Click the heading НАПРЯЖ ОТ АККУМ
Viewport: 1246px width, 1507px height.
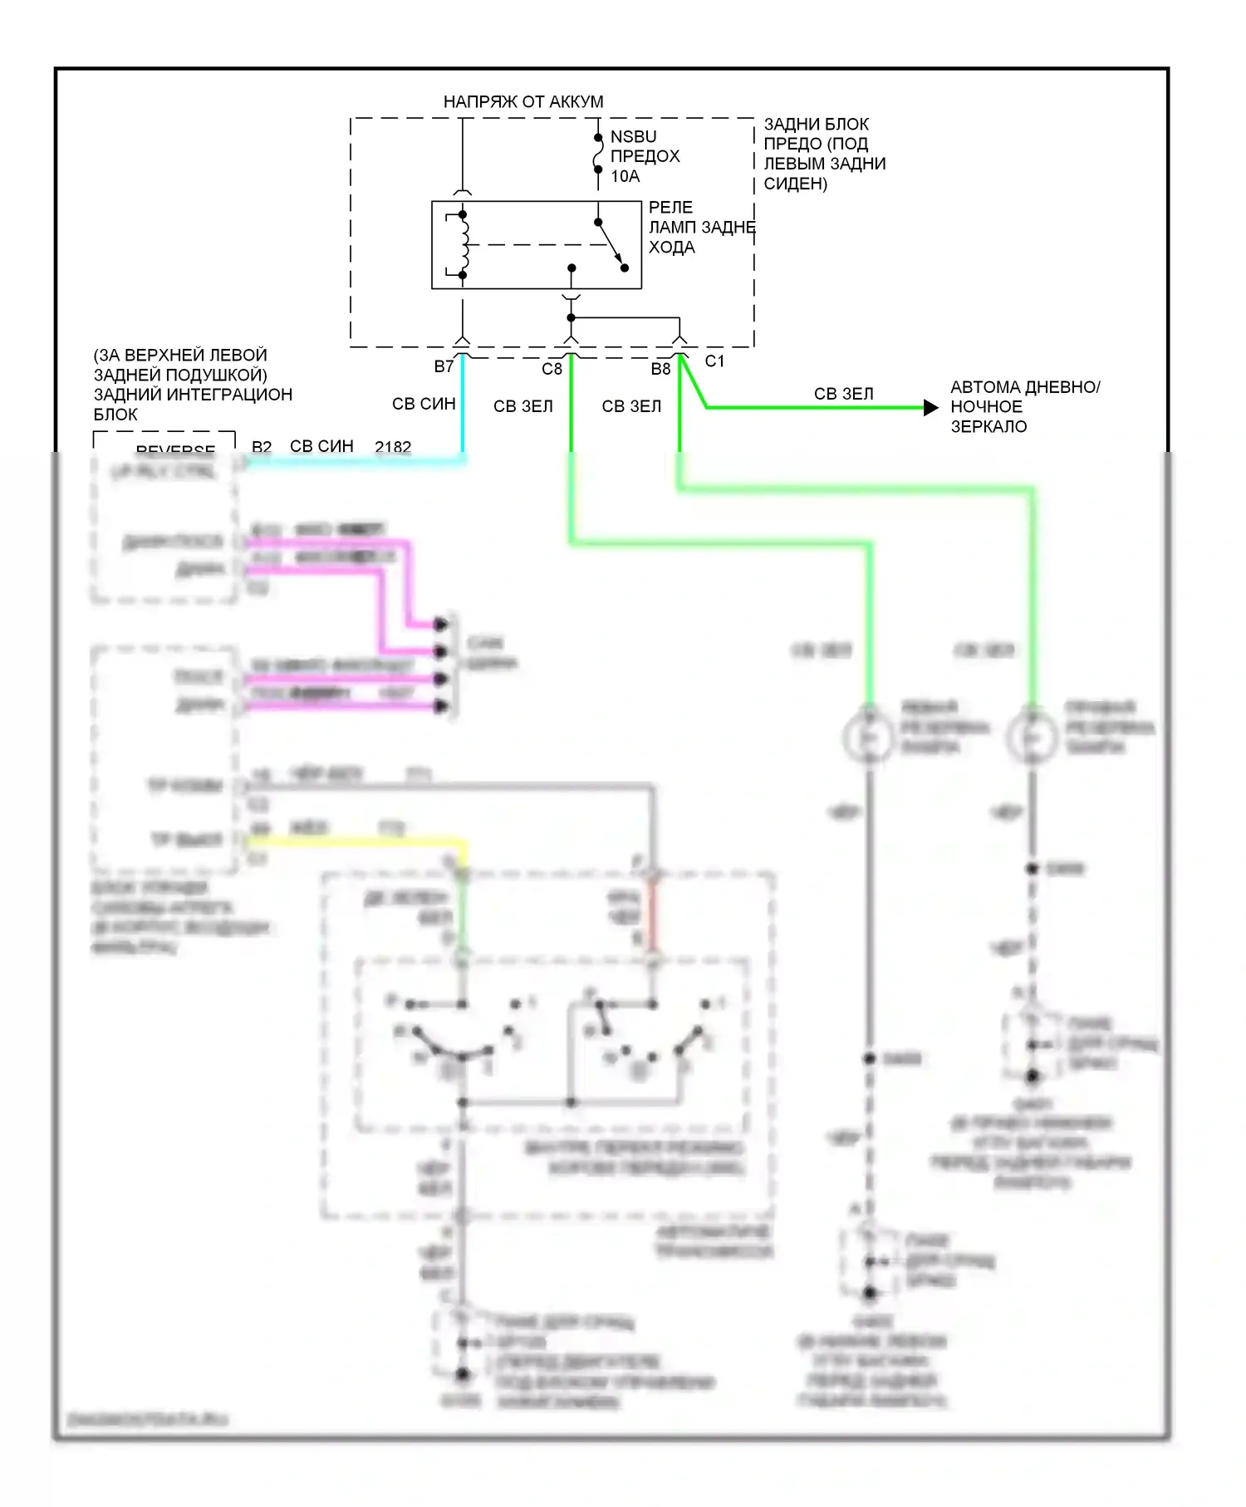(523, 102)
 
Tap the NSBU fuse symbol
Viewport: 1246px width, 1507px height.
(597, 155)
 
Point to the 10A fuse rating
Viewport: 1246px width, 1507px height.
(625, 176)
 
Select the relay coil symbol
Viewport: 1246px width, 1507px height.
(464, 244)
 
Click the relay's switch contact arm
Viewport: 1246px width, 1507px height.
(611, 245)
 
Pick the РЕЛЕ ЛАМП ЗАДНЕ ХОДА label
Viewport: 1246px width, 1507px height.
(701, 227)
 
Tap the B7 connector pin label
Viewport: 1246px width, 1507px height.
(444, 366)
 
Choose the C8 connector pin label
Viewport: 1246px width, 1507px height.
(552, 369)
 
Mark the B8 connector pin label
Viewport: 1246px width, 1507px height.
(660, 369)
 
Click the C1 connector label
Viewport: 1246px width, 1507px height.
(714, 361)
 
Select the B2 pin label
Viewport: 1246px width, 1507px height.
(262, 447)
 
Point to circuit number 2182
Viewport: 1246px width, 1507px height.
(393, 447)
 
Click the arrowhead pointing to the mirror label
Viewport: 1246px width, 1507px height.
(931, 408)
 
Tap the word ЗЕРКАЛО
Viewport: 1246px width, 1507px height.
(988, 427)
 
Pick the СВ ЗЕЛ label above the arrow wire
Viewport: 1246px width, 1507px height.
(843, 394)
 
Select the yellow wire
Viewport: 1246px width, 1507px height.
(357, 842)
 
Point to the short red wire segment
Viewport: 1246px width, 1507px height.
(653, 918)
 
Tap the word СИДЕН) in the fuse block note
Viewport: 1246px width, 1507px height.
(795, 184)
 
